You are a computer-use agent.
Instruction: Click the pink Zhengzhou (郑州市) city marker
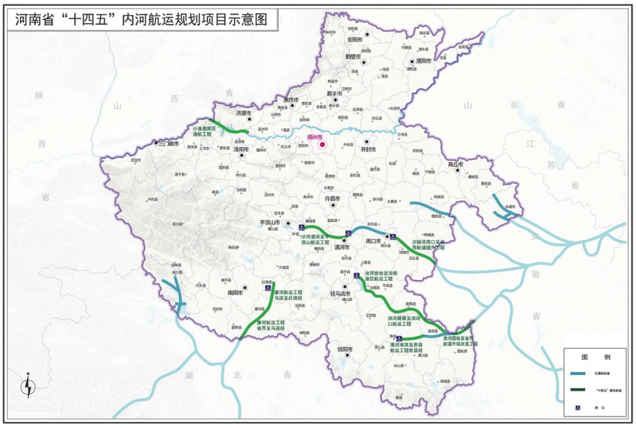(322, 144)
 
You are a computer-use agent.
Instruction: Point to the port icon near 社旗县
(267, 288)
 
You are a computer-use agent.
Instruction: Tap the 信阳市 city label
(344, 349)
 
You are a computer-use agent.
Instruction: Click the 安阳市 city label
(355, 40)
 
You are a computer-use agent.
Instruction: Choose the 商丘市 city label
(455, 164)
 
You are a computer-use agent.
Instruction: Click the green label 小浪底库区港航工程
(204, 131)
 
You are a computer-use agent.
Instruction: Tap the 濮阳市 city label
(423, 61)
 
